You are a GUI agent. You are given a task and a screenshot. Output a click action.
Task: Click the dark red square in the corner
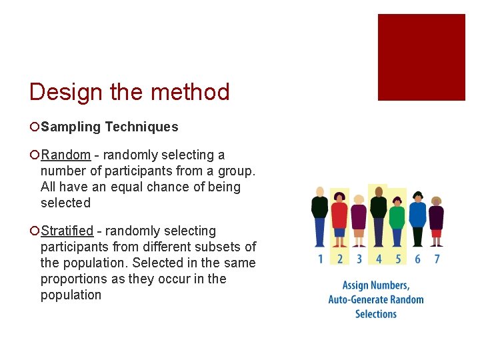click(421, 57)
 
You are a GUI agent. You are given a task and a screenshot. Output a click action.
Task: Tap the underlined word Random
click(65, 155)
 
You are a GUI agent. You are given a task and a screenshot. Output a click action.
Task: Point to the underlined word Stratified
click(67, 231)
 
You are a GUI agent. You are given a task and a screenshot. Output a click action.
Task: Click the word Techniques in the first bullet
click(141, 127)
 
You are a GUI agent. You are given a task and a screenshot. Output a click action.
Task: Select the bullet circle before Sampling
click(35, 127)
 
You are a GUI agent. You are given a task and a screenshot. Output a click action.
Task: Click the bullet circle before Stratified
click(35, 231)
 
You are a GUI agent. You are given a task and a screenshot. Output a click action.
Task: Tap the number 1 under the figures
click(320, 259)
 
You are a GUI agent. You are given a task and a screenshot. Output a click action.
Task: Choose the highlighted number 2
click(340, 259)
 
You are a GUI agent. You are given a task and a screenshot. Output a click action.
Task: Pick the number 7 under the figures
click(437, 259)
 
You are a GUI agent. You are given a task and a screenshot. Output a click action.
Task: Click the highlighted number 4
click(379, 259)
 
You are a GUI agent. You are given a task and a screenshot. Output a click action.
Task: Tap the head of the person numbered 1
click(320, 192)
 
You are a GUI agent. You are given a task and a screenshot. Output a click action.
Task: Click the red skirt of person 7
click(437, 233)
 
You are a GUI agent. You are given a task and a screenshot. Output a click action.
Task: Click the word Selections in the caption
click(375, 314)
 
